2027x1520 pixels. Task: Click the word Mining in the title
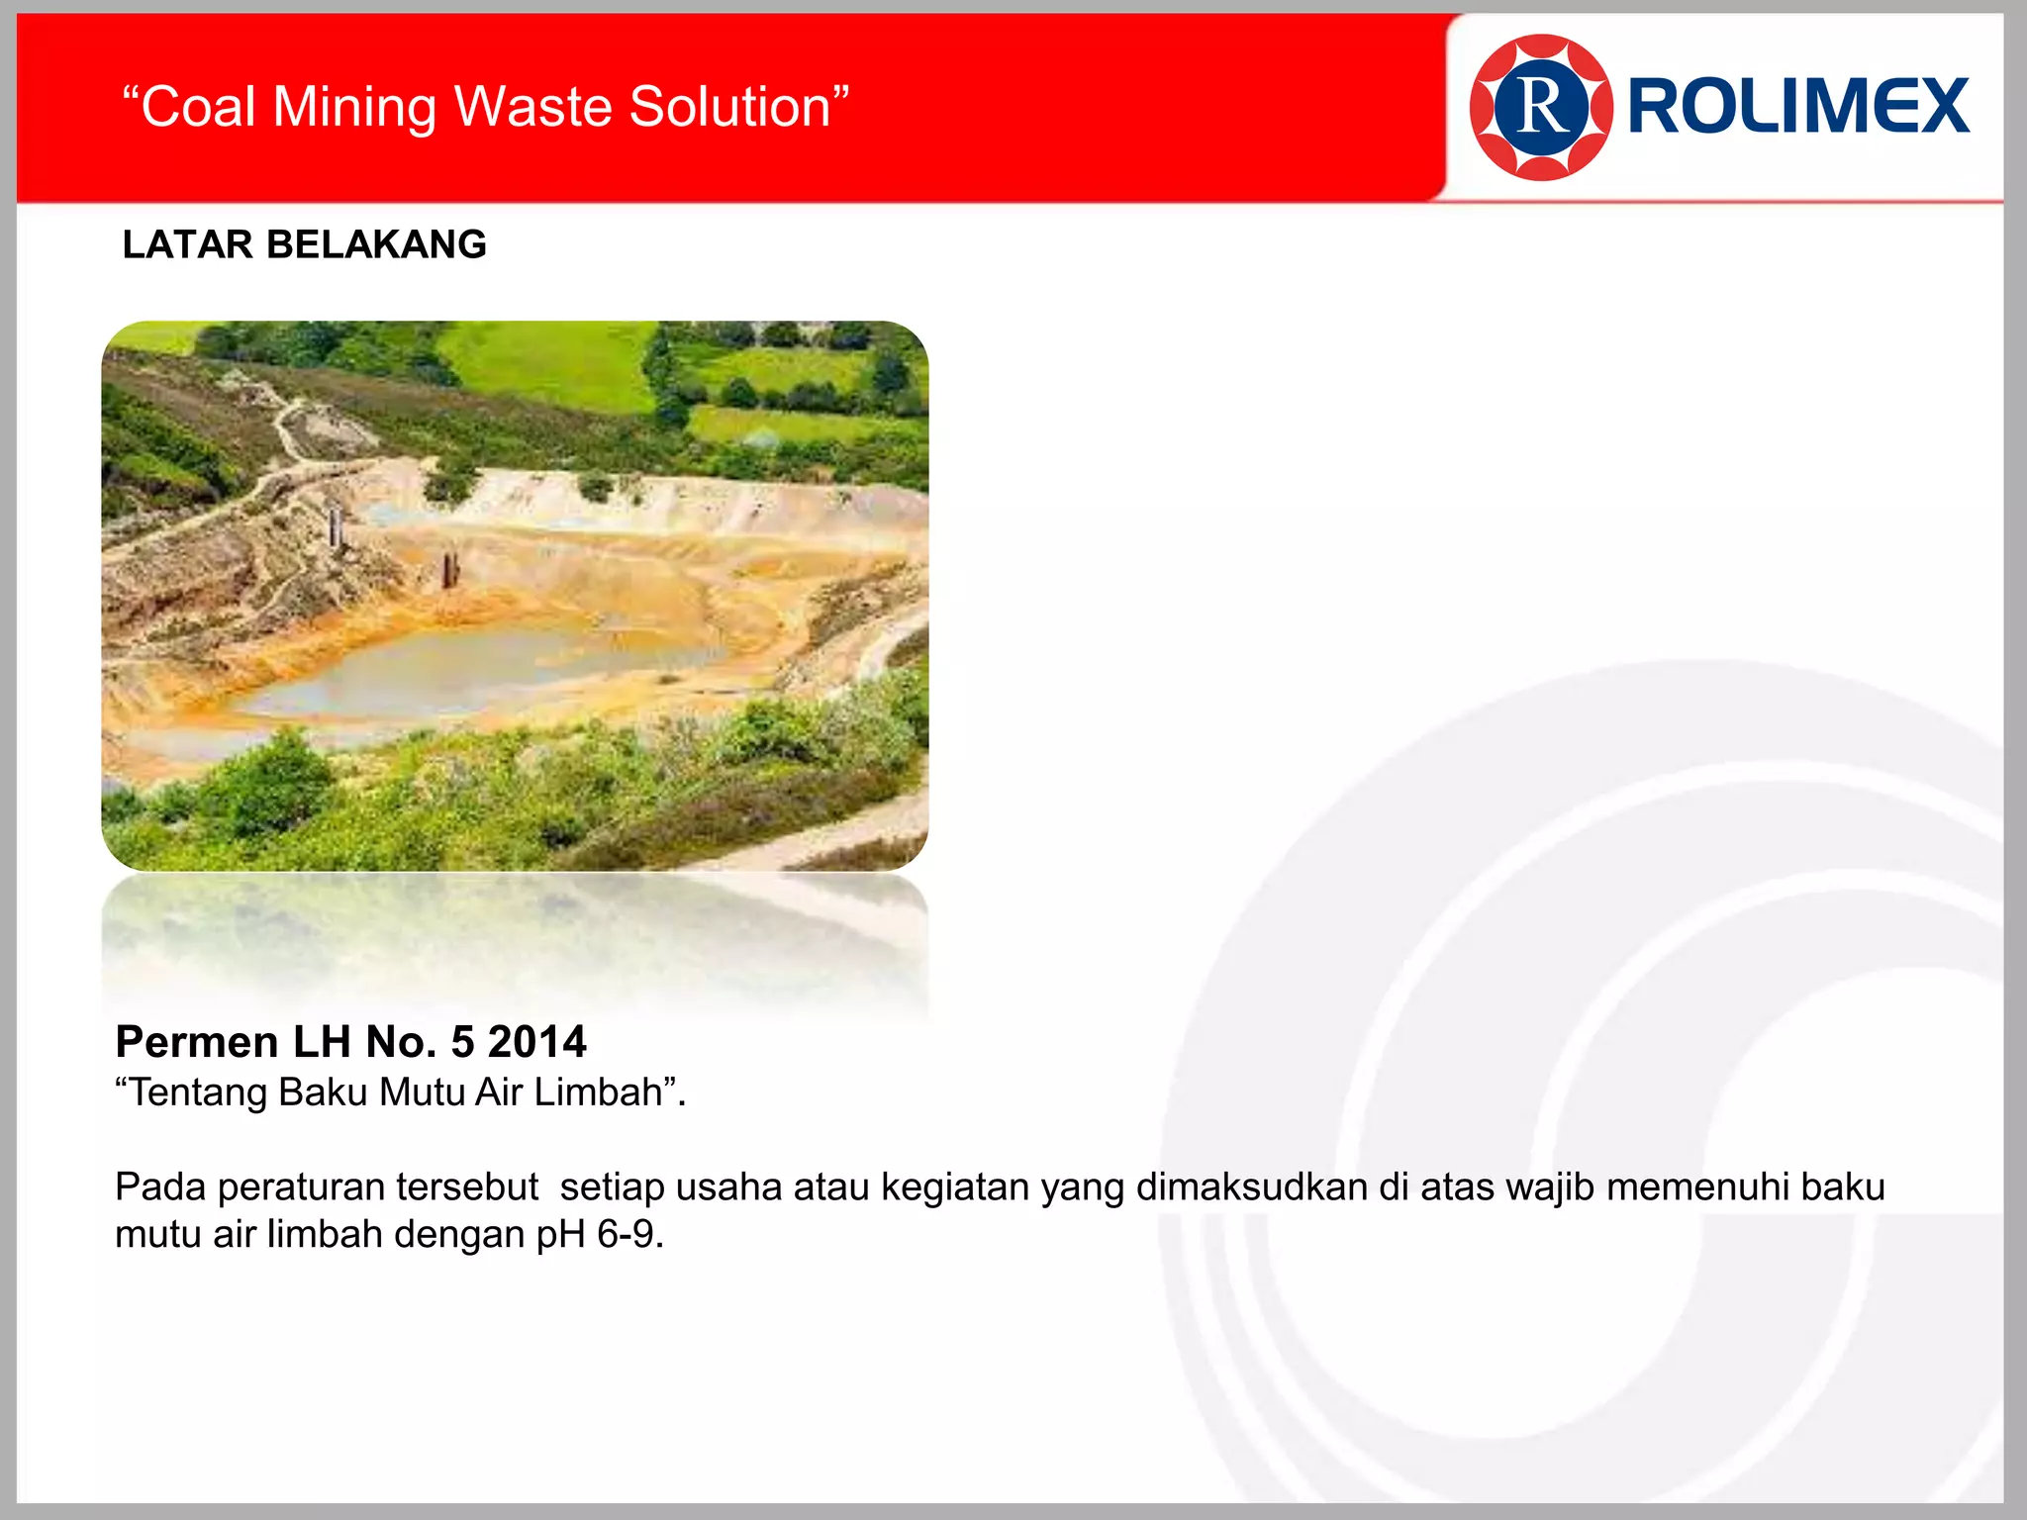353,107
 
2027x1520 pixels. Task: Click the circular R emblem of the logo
1540,107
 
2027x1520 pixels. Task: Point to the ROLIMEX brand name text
1798,107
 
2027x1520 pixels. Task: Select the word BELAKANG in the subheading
376,244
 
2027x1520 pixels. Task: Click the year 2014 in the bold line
536,1042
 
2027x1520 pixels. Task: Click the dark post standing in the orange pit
450,569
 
